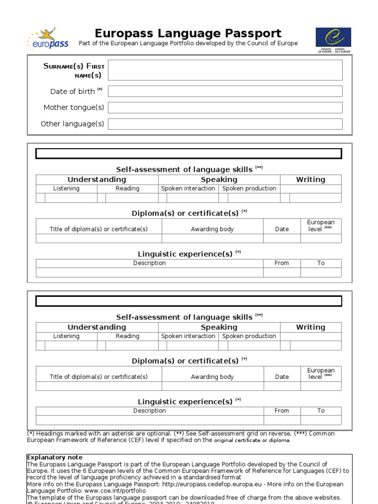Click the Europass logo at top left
[48, 39]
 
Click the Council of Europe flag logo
[334, 37]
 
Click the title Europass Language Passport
[188, 33]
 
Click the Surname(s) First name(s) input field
[225, 70]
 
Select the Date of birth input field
[225, 91]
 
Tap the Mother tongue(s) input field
[225, 107]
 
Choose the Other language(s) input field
[225, 124]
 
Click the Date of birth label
[73, 92]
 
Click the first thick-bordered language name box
[189, 154]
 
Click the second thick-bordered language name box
[189, 301]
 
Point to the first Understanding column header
[97, 180]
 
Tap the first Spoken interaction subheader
[189, 189]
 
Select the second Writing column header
[311, 327]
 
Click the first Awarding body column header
[212, 229]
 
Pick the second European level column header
[320, 374]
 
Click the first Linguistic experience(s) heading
[185, 254]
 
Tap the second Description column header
[150, 410]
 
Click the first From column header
[282, 263]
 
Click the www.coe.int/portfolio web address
[115, 491]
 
